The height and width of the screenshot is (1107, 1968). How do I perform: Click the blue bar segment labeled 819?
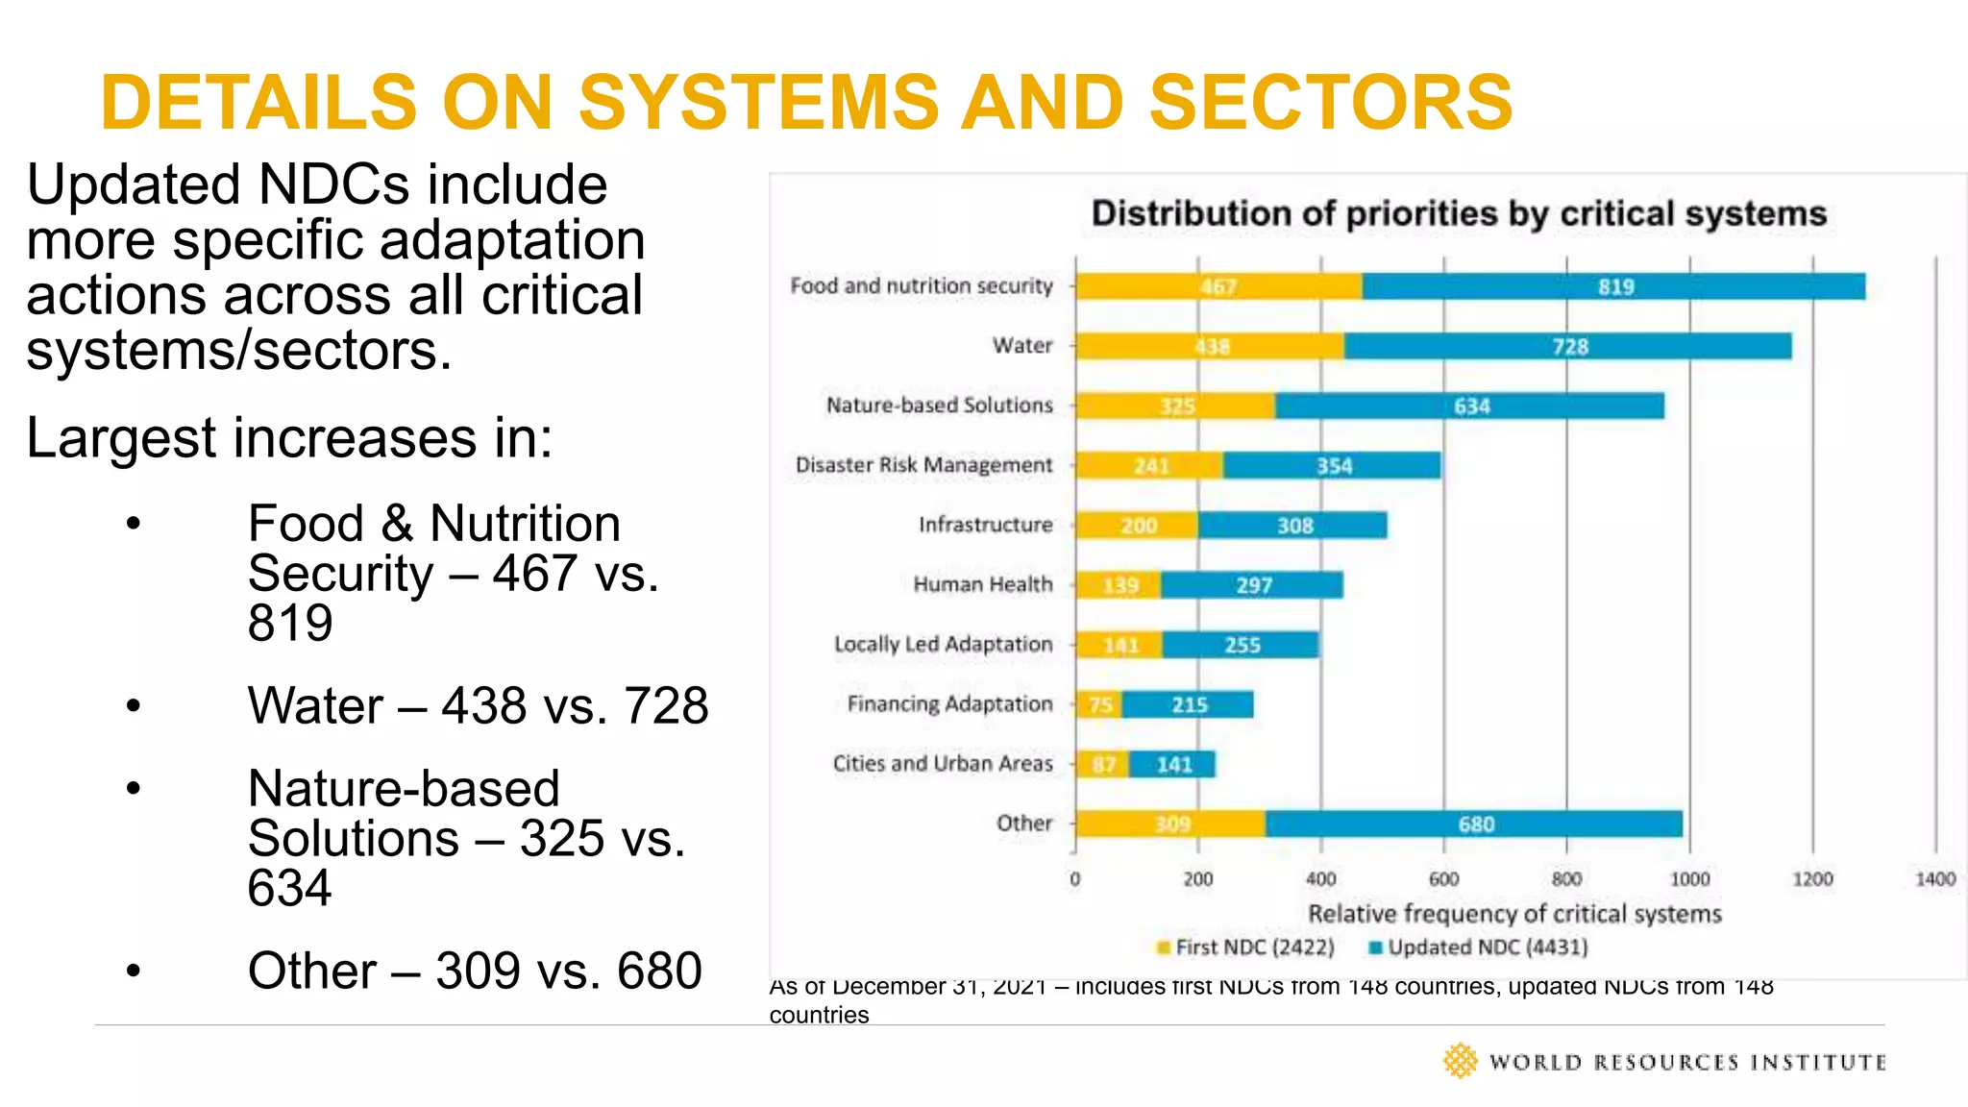[1614, 286]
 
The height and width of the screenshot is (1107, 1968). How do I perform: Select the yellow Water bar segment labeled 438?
[1210, 346]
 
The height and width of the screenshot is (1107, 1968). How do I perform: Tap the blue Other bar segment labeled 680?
[1474, 824]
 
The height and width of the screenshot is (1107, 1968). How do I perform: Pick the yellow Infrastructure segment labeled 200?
[1137, 525]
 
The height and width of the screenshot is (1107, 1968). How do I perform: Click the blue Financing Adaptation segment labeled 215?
[1189, 704]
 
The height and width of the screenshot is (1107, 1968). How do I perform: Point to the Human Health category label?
[982, 584]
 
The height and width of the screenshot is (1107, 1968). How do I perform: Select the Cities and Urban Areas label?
[942, 763]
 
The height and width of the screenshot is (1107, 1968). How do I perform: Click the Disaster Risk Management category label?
[923, 465]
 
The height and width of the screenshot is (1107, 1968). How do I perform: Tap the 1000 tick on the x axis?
[1689, 879]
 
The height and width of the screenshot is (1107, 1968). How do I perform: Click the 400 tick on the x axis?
[1320, 879]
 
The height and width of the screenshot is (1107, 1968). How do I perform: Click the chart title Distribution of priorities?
[1458, 213]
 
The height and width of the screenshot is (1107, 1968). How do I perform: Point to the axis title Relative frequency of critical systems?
[1514, 913]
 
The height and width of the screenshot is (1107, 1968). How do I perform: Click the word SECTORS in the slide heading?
[1331, 102]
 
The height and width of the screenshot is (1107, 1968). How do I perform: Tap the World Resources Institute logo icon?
[1460, 1061]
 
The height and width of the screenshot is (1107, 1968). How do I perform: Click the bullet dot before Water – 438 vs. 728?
[134, 706]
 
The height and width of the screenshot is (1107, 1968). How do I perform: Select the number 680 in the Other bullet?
[659, 971]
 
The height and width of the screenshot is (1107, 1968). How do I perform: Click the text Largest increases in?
[289, 438]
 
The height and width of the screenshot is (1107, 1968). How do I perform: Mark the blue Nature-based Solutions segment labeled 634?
[1470, 406]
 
